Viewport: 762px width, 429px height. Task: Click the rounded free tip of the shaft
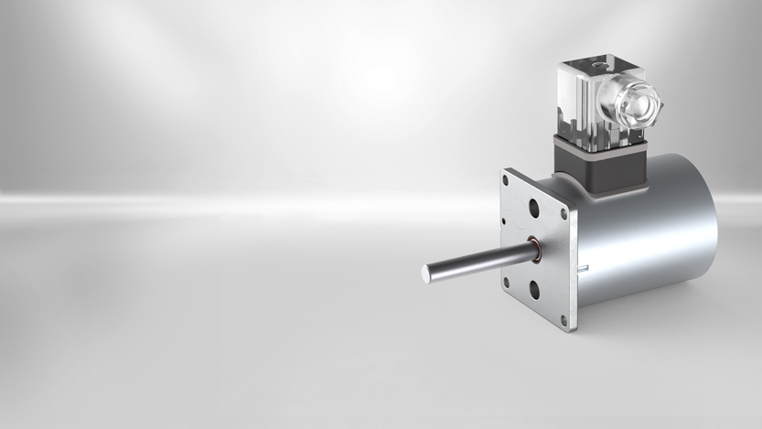tap(427, 273)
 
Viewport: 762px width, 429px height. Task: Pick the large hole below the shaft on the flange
tap(533, 291)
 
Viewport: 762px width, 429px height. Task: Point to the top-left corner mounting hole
tap(506, 180)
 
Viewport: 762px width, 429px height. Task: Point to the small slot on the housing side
tap(583, 268)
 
